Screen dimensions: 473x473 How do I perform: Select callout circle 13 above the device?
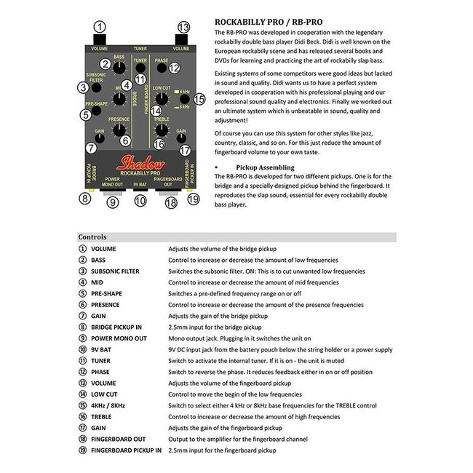click(x=183, y=28)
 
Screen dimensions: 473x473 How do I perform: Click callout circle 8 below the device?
click(x=86, y=199)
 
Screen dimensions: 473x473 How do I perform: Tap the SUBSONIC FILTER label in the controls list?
click(x=114, y=271)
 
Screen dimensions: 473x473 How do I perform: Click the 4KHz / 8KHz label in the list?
click(x=109, y=405)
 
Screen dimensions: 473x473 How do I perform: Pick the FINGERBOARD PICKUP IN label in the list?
click(x=126, y=450)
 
